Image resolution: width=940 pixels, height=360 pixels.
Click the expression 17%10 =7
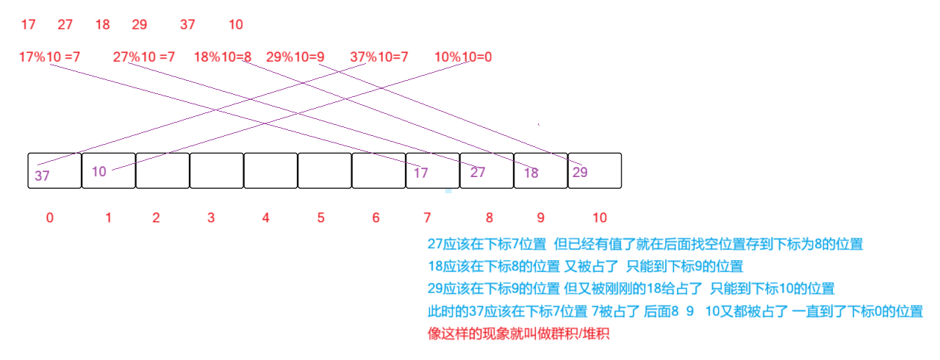(50, 57)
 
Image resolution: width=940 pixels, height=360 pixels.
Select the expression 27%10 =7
(144, 57)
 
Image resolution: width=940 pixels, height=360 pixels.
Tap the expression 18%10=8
(223, 57)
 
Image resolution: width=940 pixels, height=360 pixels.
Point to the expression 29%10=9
(295, 57)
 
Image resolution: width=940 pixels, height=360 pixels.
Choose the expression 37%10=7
(379, 57)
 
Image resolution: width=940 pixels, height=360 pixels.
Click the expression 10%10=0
(463, 57)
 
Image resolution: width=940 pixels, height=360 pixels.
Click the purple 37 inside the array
(43, 176)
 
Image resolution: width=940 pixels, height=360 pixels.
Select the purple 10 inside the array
(99, 172)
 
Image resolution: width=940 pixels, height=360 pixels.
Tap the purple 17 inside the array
(420, 173)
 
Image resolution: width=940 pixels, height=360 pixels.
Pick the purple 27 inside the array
(478, 173)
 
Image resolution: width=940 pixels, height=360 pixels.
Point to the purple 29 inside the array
(579, 172)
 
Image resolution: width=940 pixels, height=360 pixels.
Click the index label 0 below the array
(49, 218)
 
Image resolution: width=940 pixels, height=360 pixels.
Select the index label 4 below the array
(265, 218)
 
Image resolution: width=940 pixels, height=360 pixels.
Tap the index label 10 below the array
(600, 218)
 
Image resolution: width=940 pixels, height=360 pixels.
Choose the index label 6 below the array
(376, 218)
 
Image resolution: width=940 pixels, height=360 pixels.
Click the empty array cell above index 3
(217, 170)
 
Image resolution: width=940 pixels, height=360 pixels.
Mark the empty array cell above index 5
(325, 170)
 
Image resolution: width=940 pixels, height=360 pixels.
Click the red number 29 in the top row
(140, 25)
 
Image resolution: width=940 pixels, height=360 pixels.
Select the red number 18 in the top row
(102, 25)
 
